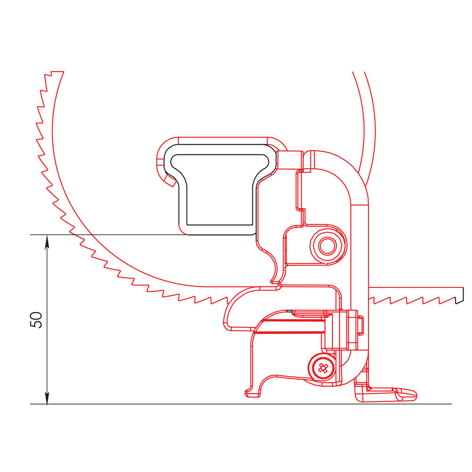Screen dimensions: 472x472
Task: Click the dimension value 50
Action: (x=37, y=320)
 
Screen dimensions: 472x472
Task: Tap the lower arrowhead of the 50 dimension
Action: (x=47, y=399)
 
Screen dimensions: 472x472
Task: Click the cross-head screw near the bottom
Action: (x=323, y=368)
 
